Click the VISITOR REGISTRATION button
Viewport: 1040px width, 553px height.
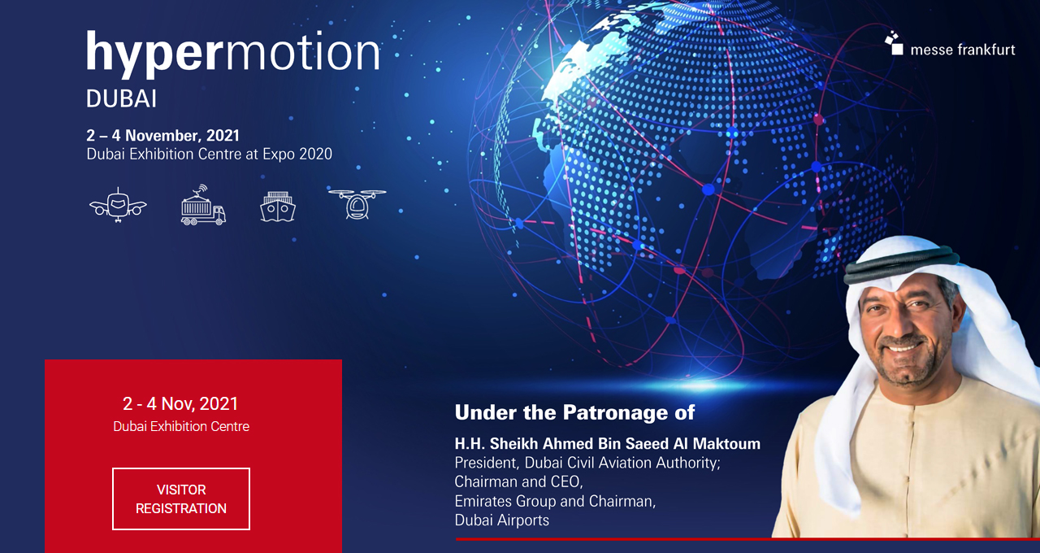pyautogui.click(x=181, y=499)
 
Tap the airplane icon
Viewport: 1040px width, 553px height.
pyautogui.click(x=118, y=206)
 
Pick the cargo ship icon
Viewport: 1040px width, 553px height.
pyautogui.click(x=278, y=207)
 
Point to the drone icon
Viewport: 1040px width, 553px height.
pyautogui.click(x=357, y=203)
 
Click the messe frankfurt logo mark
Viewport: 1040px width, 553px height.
pyautogui.click(x=894, y=42)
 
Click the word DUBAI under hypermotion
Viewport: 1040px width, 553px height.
pyautogui.click(x=121, y=99)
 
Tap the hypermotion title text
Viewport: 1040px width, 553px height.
pyautogui.click(x=233, y=54)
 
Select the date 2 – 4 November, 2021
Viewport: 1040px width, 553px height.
pyautogui.click(x=163, y=136)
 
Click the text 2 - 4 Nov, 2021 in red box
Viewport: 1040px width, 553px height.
pyautogui.click(x=180, y=403)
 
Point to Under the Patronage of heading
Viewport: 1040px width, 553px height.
pyautogui.click(x=574, y=412)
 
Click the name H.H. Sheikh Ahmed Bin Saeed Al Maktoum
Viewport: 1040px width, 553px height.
pyautogui.click(x=607, y=444)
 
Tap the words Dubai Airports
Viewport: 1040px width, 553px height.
pyautogui.click(x=502, y=520)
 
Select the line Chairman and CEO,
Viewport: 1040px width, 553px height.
pyautogui.click(x=518, y=481)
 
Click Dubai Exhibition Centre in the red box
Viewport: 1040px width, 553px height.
pyautogui.click(x=181, y=426)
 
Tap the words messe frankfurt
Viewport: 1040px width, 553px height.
pyautogui.click(x=963, y=50)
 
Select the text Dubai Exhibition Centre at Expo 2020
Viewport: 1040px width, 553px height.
pyautogui.click(x=210, y=154)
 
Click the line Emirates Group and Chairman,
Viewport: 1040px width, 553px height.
pyautogui.click(x=555, y=501)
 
